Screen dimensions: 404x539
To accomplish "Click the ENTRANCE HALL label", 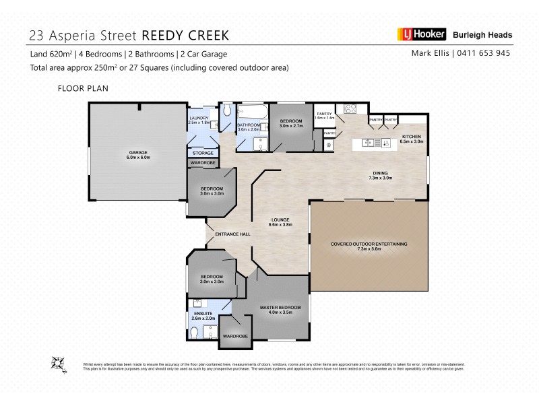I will coord(232,234).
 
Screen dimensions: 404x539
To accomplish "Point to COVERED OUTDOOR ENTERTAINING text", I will coord(369,244).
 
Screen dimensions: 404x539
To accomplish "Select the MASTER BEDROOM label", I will coord(280,308).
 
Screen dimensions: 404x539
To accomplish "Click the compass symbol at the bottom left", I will coord(57,364).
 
